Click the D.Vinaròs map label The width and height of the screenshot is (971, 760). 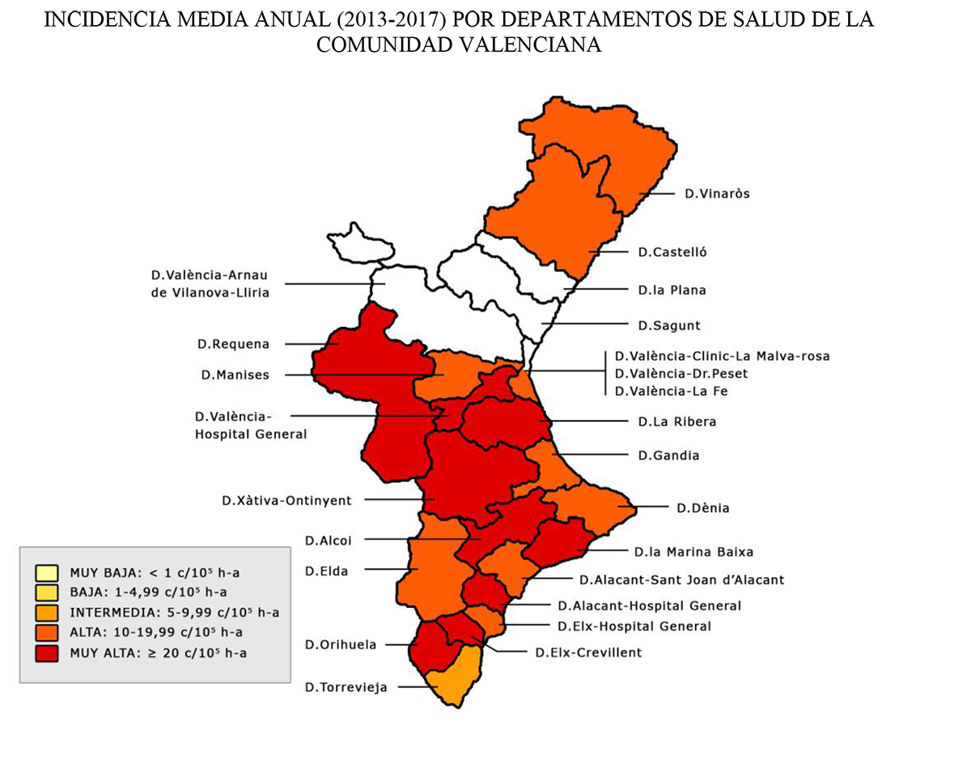[x=717, y=193]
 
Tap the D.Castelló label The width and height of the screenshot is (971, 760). [x=672, y=252]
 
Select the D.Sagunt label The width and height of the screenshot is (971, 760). [x=668, y=325]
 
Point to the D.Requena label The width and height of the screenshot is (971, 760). [x=233, y=344]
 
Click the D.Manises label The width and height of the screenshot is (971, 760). [x=235, y=375]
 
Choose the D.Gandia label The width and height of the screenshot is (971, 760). [x=668, y=456]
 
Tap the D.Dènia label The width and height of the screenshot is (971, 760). [x=703, y=508]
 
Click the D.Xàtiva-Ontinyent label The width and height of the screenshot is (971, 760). [x=286, y=501]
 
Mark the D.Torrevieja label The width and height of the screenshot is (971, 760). [x=346, y=687]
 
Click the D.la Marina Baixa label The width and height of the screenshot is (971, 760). [x=693, y=552]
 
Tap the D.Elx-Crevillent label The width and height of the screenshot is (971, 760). [x=588, y=652]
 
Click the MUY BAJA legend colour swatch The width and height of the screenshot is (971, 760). [x=46, y=573]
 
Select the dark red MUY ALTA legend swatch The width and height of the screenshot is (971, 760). [x=46, y=652]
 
